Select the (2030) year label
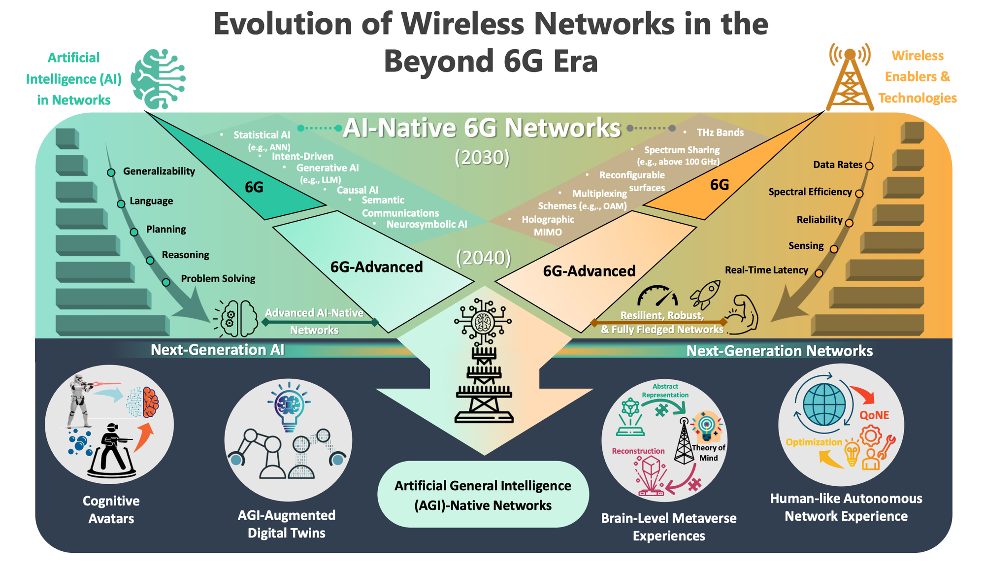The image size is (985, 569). pos(482,158)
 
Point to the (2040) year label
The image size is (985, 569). pos(483,258)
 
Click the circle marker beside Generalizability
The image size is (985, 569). pos(111,172)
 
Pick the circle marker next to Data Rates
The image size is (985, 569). pos(869,166)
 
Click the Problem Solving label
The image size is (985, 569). pos(218,279)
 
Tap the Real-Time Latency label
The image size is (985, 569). pos(766,270)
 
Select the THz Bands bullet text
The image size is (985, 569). pos(720,133)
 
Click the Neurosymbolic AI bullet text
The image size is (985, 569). pos(427,224)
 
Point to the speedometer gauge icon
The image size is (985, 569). pos(657,297)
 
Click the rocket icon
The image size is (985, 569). pos(705,294)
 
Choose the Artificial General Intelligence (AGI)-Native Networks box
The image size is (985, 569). pos(483,495)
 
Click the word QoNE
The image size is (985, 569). pos(874,415)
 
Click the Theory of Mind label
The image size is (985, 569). pos(708,453)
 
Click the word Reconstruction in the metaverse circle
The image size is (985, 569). pos(638,451)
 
